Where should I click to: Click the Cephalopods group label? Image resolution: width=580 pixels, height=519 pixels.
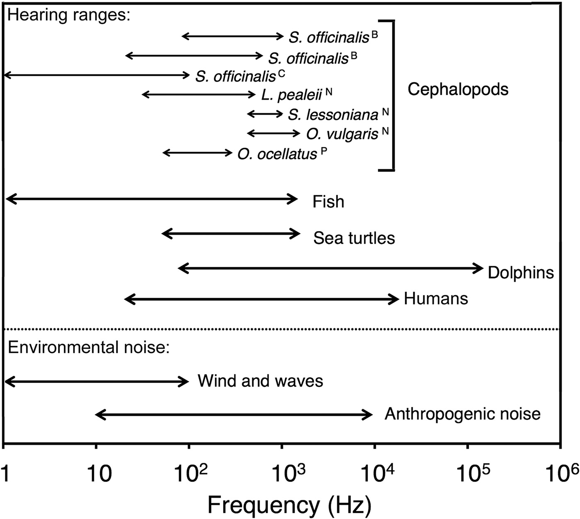coord(458,89)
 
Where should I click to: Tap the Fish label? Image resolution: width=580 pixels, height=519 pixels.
coord(328,202)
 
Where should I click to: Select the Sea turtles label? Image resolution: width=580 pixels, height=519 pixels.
coord(354,238)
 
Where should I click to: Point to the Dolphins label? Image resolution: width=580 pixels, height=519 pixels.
coord(520,273)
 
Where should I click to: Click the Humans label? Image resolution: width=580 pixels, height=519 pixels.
coord(436,299)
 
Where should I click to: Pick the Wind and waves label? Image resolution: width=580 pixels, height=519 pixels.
coord(260,381)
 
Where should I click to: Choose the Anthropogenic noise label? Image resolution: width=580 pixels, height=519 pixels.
coord(463,414)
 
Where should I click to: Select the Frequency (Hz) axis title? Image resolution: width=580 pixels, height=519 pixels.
coord(289,505)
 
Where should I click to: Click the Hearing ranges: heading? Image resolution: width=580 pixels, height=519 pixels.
coord(69,16)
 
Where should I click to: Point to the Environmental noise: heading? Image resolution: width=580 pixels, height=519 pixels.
coord(88,348)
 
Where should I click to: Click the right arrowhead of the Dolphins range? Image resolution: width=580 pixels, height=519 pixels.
coord(480,268)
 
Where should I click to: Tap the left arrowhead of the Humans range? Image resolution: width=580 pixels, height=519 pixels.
coord(128,299)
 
